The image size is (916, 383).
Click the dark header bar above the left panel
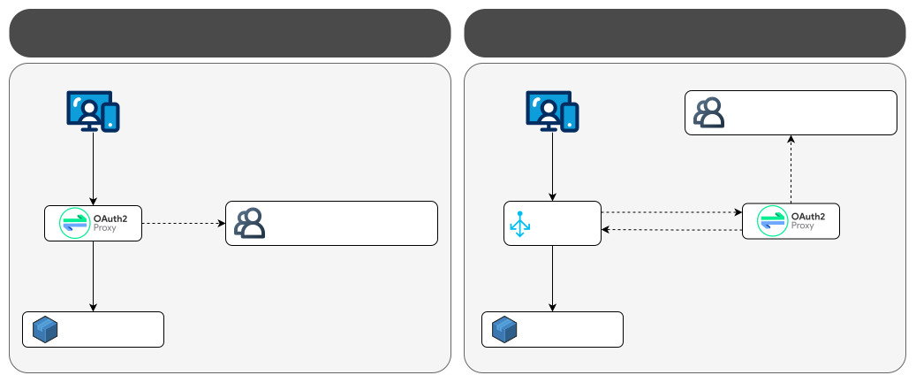click(x=230, y=33)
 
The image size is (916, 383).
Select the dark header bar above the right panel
click(x=685, y=33)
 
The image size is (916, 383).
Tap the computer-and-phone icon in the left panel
click(x=93, y=111)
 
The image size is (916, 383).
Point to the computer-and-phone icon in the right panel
click(x=552, y=111)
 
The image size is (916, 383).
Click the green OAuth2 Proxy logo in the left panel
click(x=73, y=223)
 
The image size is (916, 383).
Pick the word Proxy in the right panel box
click(x=802, y=226)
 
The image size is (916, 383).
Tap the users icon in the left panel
click(x=250, y=224)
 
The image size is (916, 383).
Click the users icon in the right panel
click(x=708, y=113)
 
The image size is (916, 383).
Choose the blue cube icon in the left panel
click(x=45, y=329)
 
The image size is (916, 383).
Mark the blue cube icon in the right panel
click(x=503, y=329)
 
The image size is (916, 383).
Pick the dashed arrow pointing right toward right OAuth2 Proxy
click(x=671, y=212)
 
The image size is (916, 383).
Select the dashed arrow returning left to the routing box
click(x=671, y=230)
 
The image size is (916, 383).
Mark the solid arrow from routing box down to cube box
click(x=552, y=278)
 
